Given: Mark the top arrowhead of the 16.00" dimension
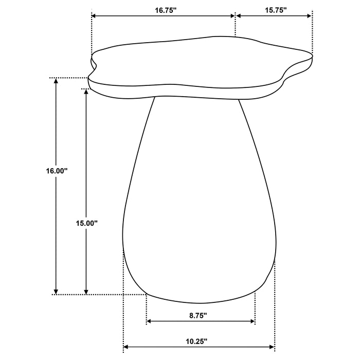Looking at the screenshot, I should point(56,81).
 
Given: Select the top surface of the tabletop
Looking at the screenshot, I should point(201,59).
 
